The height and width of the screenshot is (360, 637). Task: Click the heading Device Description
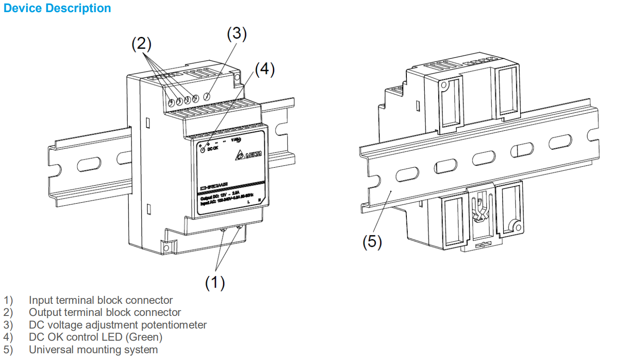57,8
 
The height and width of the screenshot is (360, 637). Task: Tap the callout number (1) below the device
215,282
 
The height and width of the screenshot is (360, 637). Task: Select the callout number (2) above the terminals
141,44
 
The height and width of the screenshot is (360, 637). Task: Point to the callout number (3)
236,34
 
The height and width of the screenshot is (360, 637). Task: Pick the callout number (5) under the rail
372,241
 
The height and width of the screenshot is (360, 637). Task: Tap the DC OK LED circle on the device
203,150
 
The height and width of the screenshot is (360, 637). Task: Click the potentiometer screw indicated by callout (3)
207,96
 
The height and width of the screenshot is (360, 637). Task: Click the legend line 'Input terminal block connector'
101,300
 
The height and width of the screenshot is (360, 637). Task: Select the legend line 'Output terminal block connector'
105,312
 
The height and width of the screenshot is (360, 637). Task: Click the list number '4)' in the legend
8,337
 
